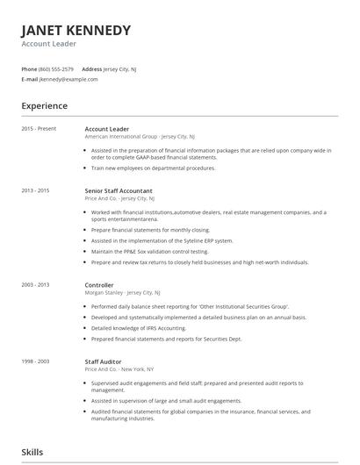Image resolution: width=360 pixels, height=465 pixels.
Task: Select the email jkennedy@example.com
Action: coord(68,79)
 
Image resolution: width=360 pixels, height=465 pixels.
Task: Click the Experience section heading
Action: coord(45,106)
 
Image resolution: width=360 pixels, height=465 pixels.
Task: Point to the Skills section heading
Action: coord(32,452)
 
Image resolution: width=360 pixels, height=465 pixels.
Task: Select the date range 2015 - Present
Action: coord(39,129)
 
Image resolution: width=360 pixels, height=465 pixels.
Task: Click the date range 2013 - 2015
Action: coord(36,190)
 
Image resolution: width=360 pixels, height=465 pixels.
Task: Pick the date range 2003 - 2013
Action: coord(36,284)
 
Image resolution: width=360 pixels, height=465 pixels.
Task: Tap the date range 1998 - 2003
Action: coord(36,361)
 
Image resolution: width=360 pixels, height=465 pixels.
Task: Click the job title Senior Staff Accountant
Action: coord(119,190)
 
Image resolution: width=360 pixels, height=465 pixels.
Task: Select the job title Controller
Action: coord(99,284)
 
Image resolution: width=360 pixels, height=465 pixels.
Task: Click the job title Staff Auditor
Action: coord(103,361)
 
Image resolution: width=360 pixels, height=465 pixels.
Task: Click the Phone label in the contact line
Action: coord(29,68)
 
